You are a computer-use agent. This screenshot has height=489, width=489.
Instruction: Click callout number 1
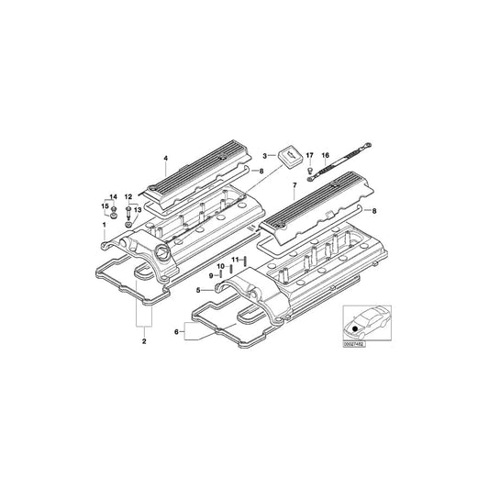pos(105,225)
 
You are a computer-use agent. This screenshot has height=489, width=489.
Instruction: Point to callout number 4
pos(165,158)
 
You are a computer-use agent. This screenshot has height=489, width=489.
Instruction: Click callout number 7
pos(294,186)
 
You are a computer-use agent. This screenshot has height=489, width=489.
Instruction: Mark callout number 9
pos(210,274)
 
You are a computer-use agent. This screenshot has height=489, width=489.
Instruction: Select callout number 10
pos(219,266)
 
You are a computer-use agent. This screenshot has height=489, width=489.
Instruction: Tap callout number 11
pos(233,260)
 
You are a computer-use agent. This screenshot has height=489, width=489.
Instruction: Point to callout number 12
pos(129,197)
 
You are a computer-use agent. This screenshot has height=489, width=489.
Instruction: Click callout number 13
pos(139,210)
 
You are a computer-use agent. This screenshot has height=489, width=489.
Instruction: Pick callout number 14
pos(113,197)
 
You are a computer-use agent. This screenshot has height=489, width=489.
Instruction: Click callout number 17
pos(309,157)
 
